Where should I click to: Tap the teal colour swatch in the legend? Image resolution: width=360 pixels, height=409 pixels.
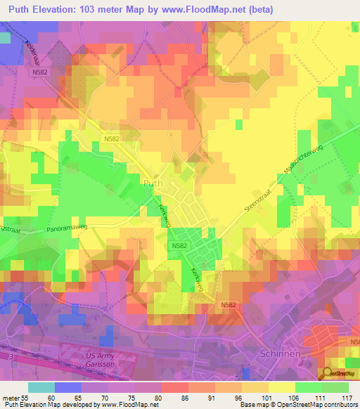[x=41, y=387]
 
